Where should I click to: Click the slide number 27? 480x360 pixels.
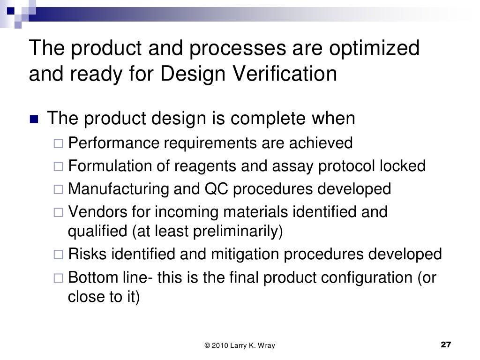(x=446, y=345)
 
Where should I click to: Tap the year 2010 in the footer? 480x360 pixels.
(x=220, y=346)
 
